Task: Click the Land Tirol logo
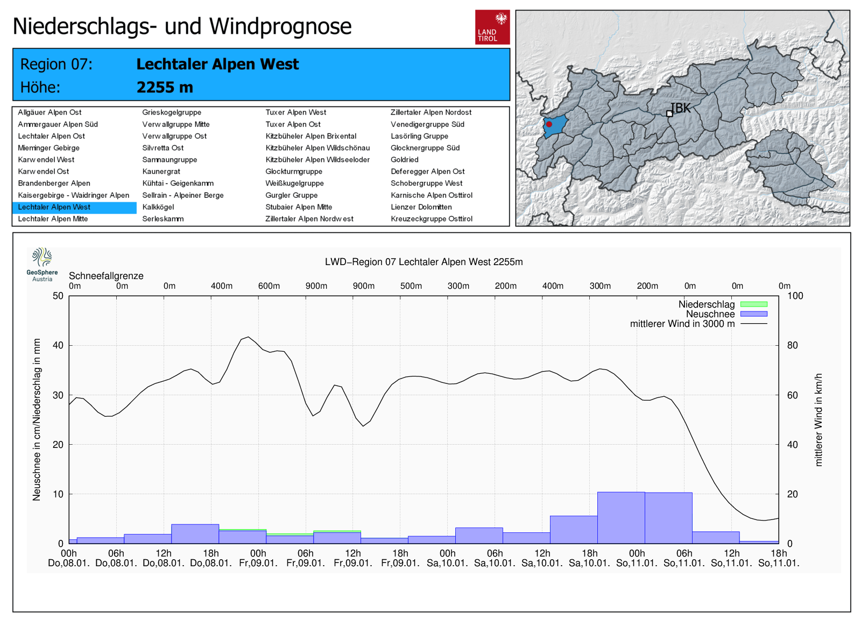click(x=492, y=27)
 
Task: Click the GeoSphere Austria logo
click(x=42, y=264)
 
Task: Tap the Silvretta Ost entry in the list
click(x=163, y=148)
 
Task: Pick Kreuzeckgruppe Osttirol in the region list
click(x=431, y=219)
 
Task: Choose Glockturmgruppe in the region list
click(x=293, y=172)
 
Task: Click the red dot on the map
click(x=549, y=124)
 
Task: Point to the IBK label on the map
click(x=681, y=108)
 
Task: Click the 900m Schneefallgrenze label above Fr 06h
click(x=316, y=286)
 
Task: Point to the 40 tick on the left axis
click(x=58, y=345)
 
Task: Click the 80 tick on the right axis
click(x=792, y=345)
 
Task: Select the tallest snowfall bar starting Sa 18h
click(x=621, y=517)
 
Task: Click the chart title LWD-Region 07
click(x=424, y=262)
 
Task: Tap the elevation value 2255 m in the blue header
click(x=165, y=87)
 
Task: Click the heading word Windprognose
click(x=280, y=26)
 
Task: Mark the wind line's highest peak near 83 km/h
click(x=248, y=337)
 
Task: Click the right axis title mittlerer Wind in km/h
click(x=818, y=419)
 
